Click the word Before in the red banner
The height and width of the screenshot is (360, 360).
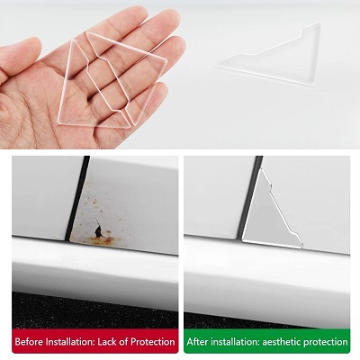point(29,342)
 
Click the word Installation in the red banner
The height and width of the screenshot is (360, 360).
point(71,342)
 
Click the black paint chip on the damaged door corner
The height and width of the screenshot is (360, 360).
point(98,229)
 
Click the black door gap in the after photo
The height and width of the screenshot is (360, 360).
point(249,198)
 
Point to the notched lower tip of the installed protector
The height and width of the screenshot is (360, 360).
point(301,247)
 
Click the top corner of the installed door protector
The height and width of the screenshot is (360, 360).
point(262,169)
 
